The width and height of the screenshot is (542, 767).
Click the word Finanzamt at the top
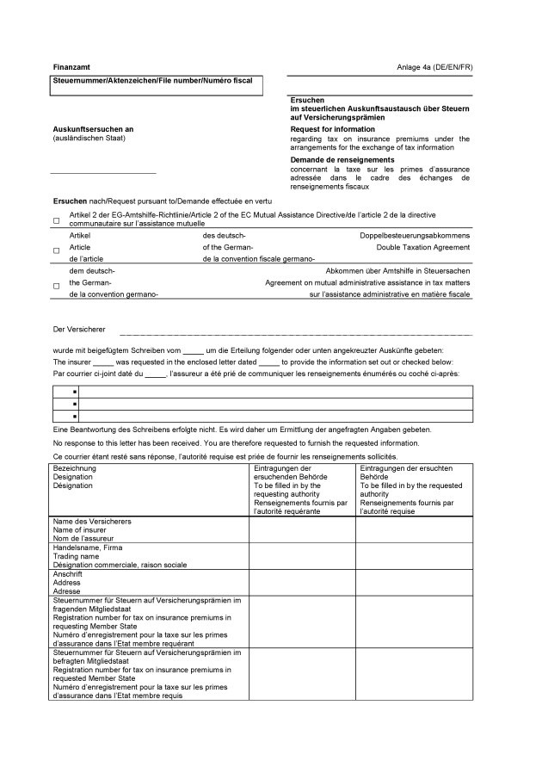click(71, 66)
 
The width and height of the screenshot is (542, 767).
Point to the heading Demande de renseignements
click(342, 159)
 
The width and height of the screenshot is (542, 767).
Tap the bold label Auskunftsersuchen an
click(93, 129)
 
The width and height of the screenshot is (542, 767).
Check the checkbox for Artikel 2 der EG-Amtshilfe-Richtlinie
click(57, 221)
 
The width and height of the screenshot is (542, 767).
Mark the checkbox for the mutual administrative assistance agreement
click(57, 285)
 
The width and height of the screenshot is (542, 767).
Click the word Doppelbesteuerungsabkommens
click(415, 235)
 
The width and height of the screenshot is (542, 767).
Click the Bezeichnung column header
click(75, 467)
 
